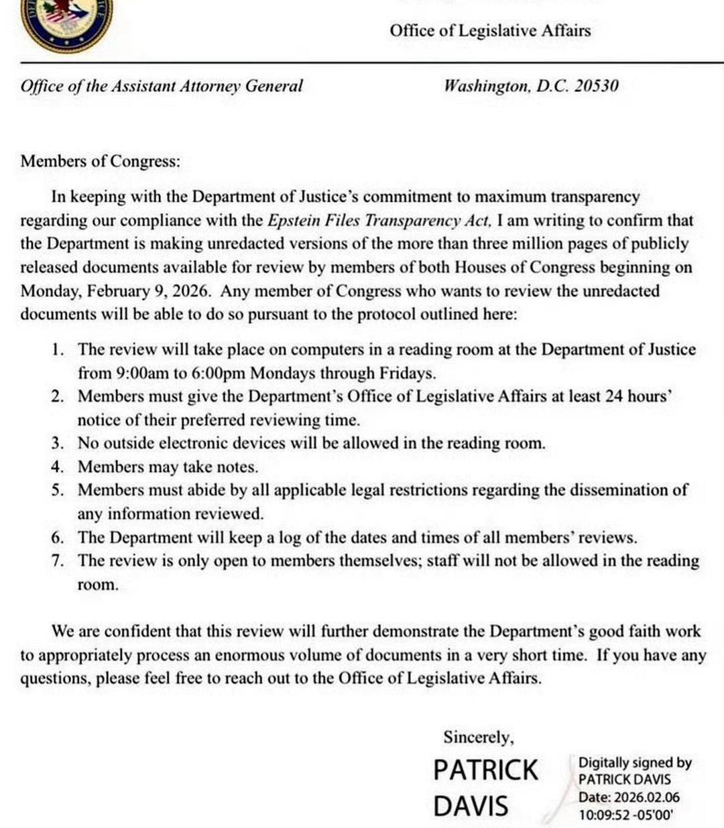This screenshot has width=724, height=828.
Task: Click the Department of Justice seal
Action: (x=66, y=23)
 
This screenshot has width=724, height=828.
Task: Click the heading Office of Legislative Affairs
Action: (x=490, y=30)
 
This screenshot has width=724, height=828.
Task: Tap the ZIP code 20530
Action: (x=596, y=86)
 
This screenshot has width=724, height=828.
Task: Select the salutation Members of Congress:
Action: (x=101, y=161)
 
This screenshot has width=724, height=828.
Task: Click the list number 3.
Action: (x=58, y=443)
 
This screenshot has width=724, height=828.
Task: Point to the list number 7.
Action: (x=58, y=561)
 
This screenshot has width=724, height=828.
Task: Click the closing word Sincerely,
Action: (x=479, y=737)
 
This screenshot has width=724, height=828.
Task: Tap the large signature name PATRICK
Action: (x=485, y=770)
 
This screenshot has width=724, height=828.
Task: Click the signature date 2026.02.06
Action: (x=646, y=798)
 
